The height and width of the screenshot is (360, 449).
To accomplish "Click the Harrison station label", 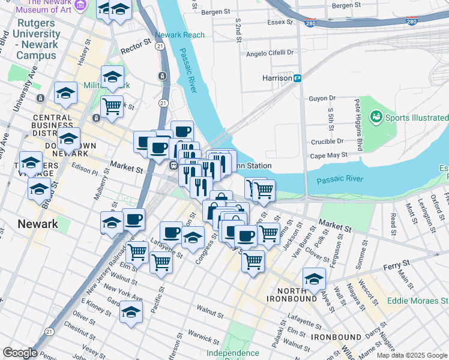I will point(276,78).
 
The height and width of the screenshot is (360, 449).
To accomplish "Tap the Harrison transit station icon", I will point(297,78).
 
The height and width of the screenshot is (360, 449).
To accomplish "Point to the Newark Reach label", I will point(179,35).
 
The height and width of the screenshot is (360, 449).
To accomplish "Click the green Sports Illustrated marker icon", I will point(376,116).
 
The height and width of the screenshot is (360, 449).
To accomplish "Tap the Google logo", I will point(19,353).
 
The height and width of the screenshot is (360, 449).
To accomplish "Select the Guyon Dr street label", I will point(322,98).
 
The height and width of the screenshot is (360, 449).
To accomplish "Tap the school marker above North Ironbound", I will point(314,278).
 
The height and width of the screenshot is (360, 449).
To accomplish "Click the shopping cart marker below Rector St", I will point(112,106).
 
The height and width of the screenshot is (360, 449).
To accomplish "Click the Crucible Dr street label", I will point(327,142).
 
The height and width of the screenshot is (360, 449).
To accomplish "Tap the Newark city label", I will point(38,224).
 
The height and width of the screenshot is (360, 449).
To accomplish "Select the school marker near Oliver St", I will point(131,312).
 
